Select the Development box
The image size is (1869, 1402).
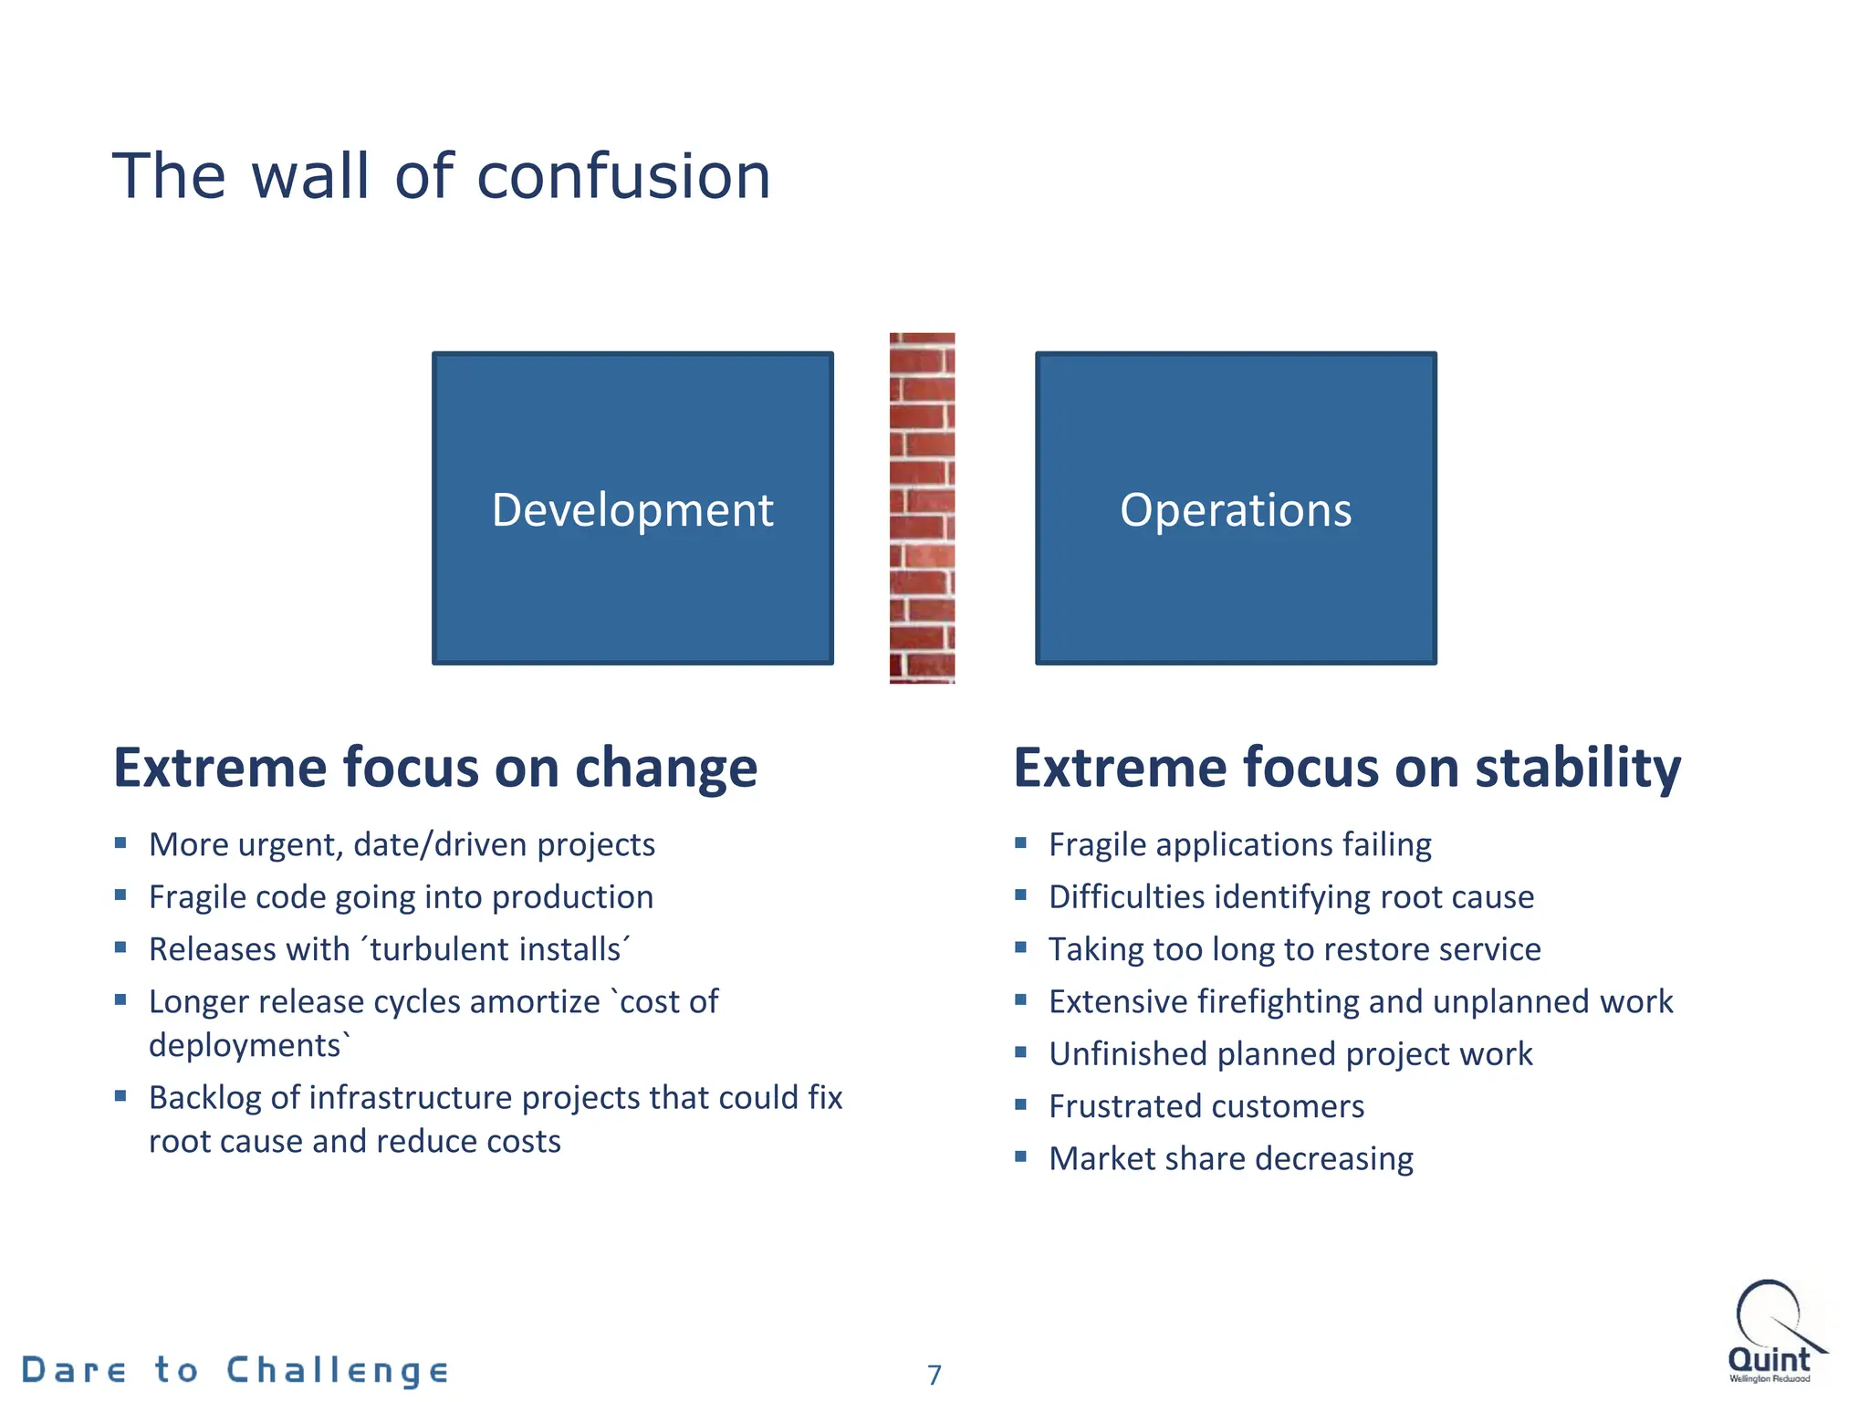pyautogui.click(x=632, y=508)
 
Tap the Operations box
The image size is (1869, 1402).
pyautogui.click(x=1236, y=508)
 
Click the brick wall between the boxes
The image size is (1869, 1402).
pyautogui.click(x=922, y=508)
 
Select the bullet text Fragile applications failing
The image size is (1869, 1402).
pyautogui.click(x=1239, y=845)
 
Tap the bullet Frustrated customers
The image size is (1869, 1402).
pyautogui.click(x=1206, y=1107)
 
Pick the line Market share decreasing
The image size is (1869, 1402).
pyautogui.click(x=1230, y=1159)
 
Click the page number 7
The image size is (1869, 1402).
pyautogui.click(x=934, y=1375)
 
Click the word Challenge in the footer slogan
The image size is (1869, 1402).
pyautogui.click(x=338, y=1371)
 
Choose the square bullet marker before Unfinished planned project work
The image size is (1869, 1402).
pyautogui.click(x=1021, y=1052)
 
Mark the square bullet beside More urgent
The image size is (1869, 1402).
pyautogui.click(x=120, y=842)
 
